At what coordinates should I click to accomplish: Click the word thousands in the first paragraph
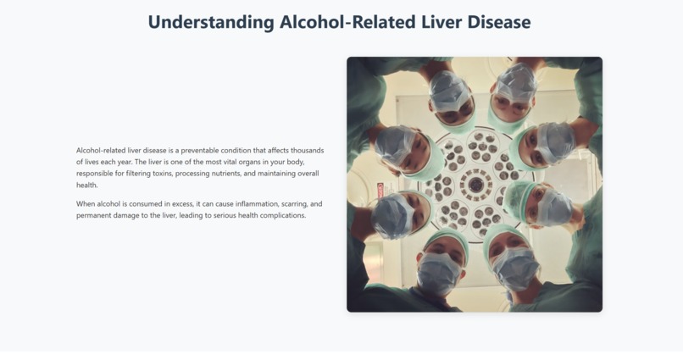pyautogui.click(x=307, y=151)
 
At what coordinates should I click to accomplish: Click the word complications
pyautogui.click(x=282, y=216)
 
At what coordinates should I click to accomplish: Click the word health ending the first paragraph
pyautogui.click(x=87, y=186)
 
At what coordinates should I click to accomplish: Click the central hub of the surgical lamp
pyautogui.click(x=475, y=184)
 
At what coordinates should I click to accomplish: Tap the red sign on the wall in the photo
pyautogui.click(x=381, y=190)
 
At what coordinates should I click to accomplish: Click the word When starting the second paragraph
pyautogui.click(x=86, y=204)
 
